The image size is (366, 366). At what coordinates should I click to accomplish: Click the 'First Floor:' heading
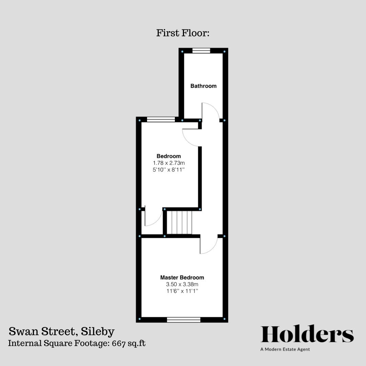click(x=183, y=33)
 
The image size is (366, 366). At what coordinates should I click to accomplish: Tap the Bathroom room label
click(x=203, y=86)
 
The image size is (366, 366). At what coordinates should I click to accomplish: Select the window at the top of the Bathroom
click(x=201, y=51)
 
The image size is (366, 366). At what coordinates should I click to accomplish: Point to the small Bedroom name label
click(x=168, y=156)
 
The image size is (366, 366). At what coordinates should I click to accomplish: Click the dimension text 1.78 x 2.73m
click(x=168, y=163)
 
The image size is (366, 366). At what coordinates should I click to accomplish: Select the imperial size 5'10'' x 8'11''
click(x=168, y=170)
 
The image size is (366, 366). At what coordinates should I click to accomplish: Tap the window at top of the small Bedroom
click(x=161, y=119)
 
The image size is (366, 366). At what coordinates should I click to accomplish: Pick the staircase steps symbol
click(x=179, y=222)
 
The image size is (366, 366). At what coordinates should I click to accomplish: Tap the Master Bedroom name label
click(x=182, y=278)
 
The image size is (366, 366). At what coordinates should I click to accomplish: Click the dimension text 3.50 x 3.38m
click(x=182, y=284)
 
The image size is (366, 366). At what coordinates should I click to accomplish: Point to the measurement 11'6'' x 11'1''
click(x=182, y=291)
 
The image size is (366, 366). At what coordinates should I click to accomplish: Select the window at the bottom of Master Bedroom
click(x=184, y=319)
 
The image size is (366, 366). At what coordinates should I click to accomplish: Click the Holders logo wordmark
click(x=307, y=334)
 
